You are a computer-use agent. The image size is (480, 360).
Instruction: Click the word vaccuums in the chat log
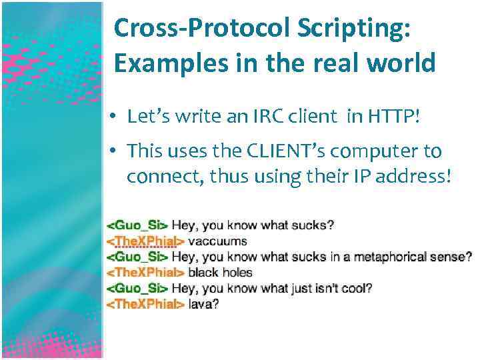(x=217, y=241)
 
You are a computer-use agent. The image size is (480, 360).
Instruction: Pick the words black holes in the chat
(x=221, y=272)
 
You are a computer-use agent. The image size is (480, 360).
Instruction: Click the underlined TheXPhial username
(x=146, y=241)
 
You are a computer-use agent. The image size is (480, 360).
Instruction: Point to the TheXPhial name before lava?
(x=146, y=304)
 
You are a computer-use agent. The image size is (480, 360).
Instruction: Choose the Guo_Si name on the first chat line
(x=138, y=225)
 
